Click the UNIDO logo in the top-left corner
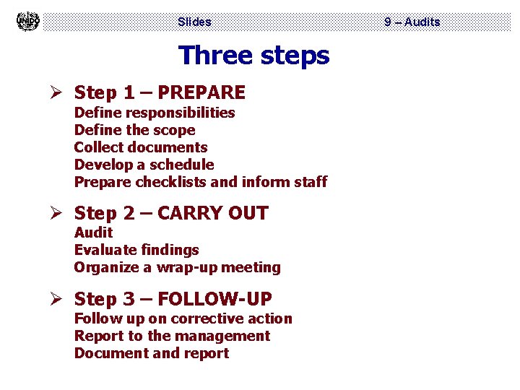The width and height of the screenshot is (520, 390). click(27, 21)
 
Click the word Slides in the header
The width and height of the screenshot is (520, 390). click(194, 22)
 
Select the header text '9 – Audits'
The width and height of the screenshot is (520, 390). click(412, 22)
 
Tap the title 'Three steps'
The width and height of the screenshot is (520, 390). click(253, 55)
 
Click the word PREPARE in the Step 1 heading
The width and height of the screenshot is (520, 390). click(201, 92)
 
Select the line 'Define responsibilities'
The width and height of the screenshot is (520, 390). click(155, 113)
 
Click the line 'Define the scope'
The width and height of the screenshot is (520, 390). click(134, 130)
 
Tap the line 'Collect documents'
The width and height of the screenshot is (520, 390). click(141, 147)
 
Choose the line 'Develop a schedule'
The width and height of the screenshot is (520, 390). click(144, 165)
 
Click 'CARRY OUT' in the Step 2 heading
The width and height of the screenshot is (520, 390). click(212, 213)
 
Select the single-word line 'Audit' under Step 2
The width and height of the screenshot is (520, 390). click(93, 233)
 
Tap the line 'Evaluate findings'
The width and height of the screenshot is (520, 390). click(136, 250)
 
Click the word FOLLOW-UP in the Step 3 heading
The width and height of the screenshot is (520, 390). click(214, 298)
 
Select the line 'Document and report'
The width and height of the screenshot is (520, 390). click(152, 353)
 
